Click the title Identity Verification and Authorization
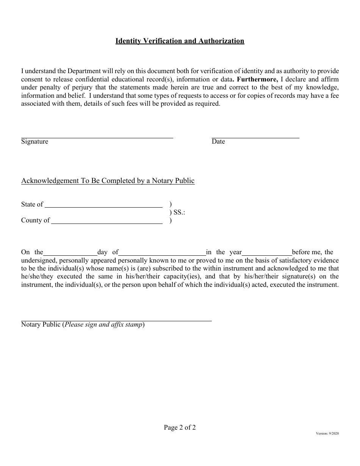[x=180, y=41]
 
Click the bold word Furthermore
[x=257, y=79]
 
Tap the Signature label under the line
[x=34, y=142]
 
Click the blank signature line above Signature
[x=97, y=136]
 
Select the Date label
[x=218, y=142]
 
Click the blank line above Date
[x=255, y=136]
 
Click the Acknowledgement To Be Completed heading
[x=108, y=181]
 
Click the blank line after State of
[x=103, y=206]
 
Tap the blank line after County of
[x=106, y=222]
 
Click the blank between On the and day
[x=70, y=254]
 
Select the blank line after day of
[x=162, y=254]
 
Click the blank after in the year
[x=267, y=254]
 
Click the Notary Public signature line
[x=116, y=320]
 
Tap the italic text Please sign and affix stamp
[x=104, y=325]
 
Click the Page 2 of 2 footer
[x=180, y=428]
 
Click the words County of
[x=35, y=220]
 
